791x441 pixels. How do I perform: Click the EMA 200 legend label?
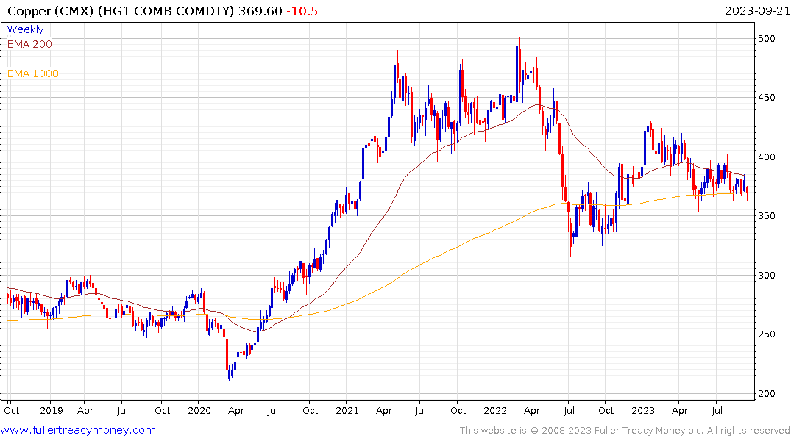(x=29, y=44)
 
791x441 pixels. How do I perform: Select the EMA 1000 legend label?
(x=32, y=73)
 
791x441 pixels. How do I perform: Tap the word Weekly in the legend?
(x=25, y=29)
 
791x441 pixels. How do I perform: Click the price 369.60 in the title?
(x=262, y=10)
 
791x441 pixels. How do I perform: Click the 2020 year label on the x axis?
(x=199, y=410)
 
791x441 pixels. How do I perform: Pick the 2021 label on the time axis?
(x=347, y=410)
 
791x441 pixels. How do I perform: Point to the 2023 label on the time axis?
(x=642, y=410)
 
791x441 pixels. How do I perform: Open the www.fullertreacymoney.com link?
(x=79, y=430)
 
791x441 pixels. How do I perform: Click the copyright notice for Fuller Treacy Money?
(x=625, y=431)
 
